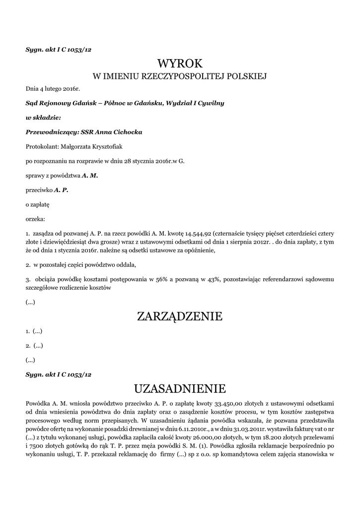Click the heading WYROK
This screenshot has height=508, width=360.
180,63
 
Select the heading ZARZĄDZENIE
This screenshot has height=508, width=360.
180,316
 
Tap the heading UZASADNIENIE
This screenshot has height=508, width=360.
180,387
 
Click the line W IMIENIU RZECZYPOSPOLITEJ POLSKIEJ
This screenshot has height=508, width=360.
180,76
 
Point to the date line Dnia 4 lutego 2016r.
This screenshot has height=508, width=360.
53,89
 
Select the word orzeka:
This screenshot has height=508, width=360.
35,218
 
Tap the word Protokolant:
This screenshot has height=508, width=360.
42,146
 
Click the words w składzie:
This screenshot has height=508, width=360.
43,118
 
